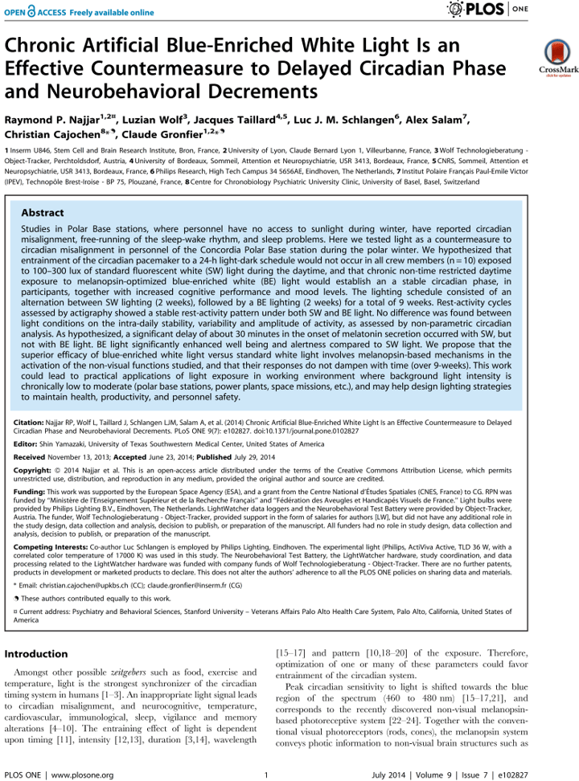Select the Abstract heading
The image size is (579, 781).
[43, 213]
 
